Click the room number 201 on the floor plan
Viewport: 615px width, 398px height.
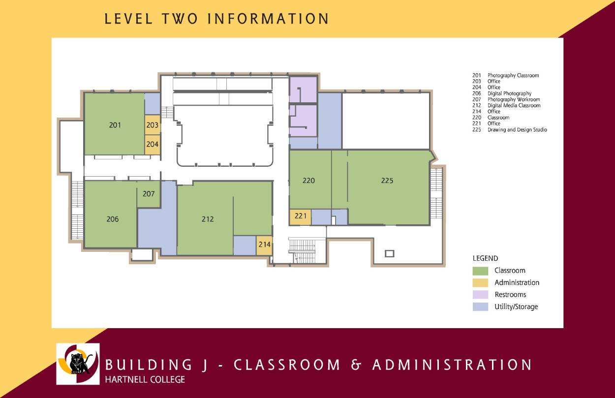115,125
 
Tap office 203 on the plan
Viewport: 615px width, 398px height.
153,125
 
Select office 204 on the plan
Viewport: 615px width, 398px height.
153,144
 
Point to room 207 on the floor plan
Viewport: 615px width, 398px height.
149,194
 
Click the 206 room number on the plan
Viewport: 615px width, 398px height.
113,219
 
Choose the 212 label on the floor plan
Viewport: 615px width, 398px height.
208,219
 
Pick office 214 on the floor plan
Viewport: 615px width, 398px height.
264,245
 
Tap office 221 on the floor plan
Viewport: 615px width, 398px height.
300,216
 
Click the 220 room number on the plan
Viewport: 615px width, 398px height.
308,181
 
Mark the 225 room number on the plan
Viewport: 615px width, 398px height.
387,181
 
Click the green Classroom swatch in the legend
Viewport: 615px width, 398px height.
480,271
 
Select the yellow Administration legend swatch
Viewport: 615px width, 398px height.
480,283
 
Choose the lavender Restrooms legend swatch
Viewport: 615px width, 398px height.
480,295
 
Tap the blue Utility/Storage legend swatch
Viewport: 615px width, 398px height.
480,306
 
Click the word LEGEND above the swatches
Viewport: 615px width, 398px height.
485,258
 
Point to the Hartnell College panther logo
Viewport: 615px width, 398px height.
78,364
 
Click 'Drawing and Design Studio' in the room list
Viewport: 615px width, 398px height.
517,130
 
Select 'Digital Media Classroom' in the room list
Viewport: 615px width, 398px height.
514,105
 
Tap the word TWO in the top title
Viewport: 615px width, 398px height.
180,19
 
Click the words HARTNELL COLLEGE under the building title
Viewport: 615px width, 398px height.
145,380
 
